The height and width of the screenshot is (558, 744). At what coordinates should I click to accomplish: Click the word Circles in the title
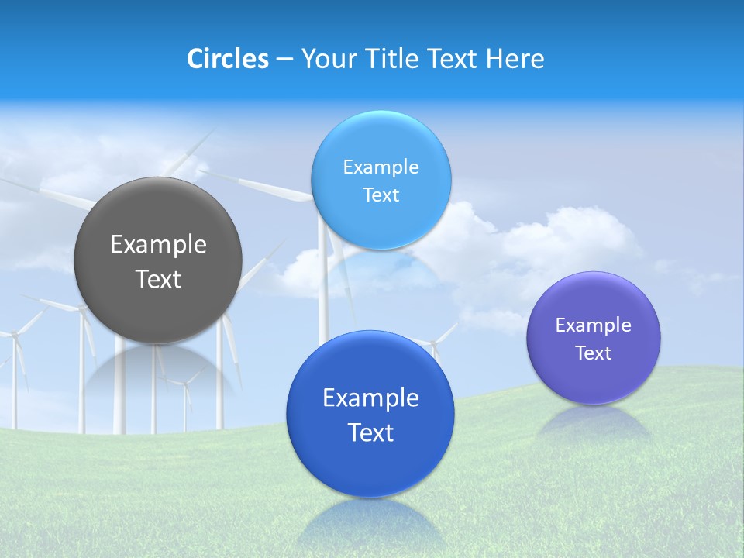pyautogui.click(x=227, y=59)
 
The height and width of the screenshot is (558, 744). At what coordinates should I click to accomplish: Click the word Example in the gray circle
pyautogui.click(x=158, y=245)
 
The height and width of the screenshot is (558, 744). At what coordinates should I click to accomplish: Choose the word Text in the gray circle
pyautogui.click(x=158, y=279)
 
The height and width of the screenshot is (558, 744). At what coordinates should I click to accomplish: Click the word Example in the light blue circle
pyautogui.click(x=381, y=167)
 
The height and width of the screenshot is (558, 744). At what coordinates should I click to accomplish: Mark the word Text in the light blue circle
pyautogui.click(x=381, y=195)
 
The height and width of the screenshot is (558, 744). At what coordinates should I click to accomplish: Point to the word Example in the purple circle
pyautogui.click(x=594, y=325)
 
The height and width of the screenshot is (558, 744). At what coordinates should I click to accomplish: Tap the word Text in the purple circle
pyautogui.click(x=594, y=353)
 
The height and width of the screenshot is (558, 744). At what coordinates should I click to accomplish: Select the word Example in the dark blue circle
pyautogui.click(x=370, y=398)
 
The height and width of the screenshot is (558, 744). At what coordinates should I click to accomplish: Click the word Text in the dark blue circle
pyautogui.click(x=370, y=432)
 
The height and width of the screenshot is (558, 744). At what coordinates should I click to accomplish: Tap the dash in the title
pyautogui.click(x=284, y=60)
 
